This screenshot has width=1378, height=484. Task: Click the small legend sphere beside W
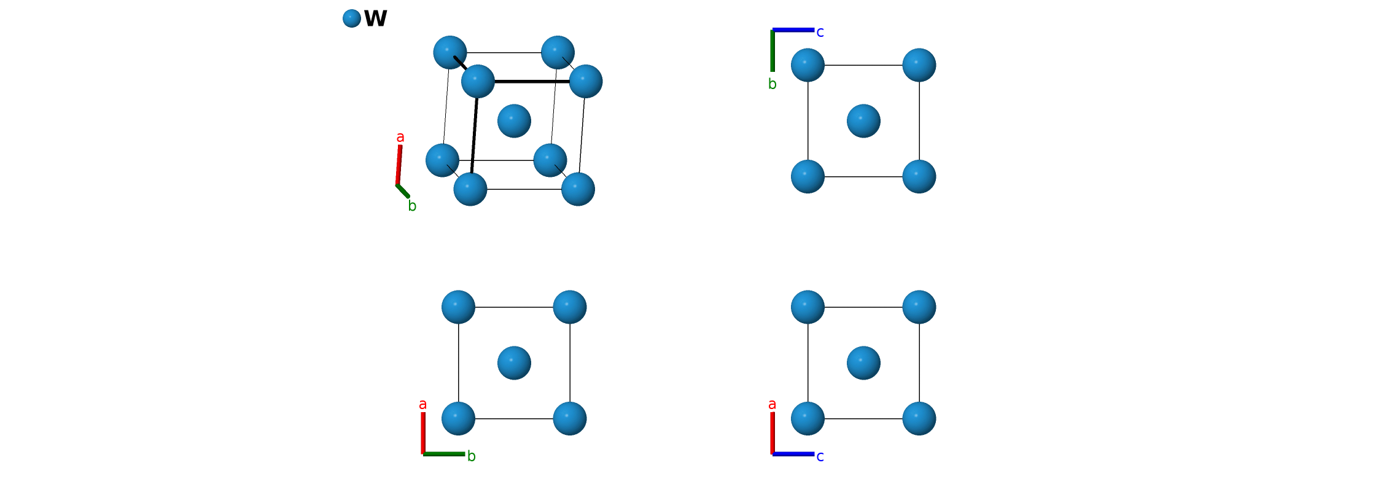point(352,18)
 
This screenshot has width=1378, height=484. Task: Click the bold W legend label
point(376,18)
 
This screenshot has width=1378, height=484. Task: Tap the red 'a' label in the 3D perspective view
point(400,137)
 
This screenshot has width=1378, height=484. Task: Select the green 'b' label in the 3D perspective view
point(412,206)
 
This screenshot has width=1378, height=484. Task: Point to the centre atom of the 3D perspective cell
point(515,120)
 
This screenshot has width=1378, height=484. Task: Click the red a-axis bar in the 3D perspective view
point(399,165)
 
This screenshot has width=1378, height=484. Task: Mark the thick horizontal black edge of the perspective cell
point(532,81)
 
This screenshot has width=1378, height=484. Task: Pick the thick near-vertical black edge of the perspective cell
point(474,135)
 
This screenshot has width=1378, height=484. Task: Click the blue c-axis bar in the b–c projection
point(793,29)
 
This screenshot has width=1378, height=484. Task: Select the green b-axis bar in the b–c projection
point(773,50)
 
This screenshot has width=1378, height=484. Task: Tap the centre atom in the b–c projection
point(863,120)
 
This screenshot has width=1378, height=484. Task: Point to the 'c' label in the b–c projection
point(820,33)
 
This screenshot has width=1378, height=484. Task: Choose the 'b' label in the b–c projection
point(773,84)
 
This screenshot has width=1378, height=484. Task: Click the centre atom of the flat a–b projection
point(515,363)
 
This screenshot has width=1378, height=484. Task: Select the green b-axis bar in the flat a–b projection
point(444,454)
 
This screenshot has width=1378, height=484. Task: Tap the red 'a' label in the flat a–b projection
point(422,405)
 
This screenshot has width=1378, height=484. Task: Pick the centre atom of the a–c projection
point(863,363)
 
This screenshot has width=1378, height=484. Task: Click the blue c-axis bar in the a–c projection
point(793,454)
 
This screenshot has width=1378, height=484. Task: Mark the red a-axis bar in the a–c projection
point(773,433)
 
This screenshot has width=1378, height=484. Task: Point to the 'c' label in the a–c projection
point(820,457)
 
